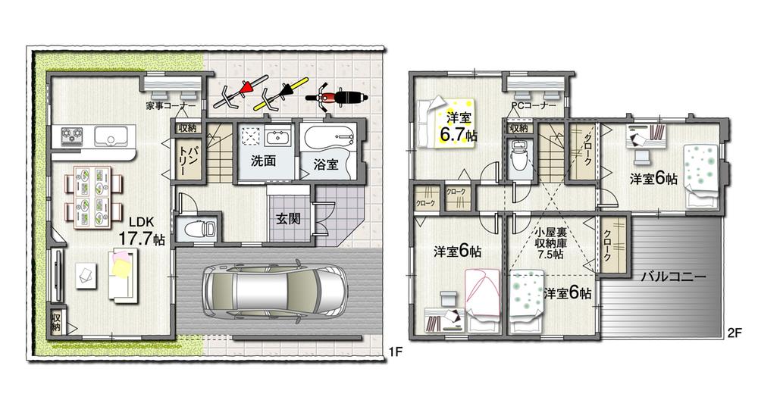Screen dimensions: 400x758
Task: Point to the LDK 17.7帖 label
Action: click(x=143, y=230)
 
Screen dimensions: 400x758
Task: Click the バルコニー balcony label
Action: click(x=674, y=277)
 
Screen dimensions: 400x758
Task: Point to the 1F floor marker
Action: click(x=394, y=352)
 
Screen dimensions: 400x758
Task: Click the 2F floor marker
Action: click(x=734, y=331)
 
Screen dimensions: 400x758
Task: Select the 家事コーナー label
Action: click(x=169, y=105)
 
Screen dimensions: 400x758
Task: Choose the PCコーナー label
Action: click(x=534, y=105)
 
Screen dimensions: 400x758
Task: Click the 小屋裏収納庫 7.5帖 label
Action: click(x=549, y=244)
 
